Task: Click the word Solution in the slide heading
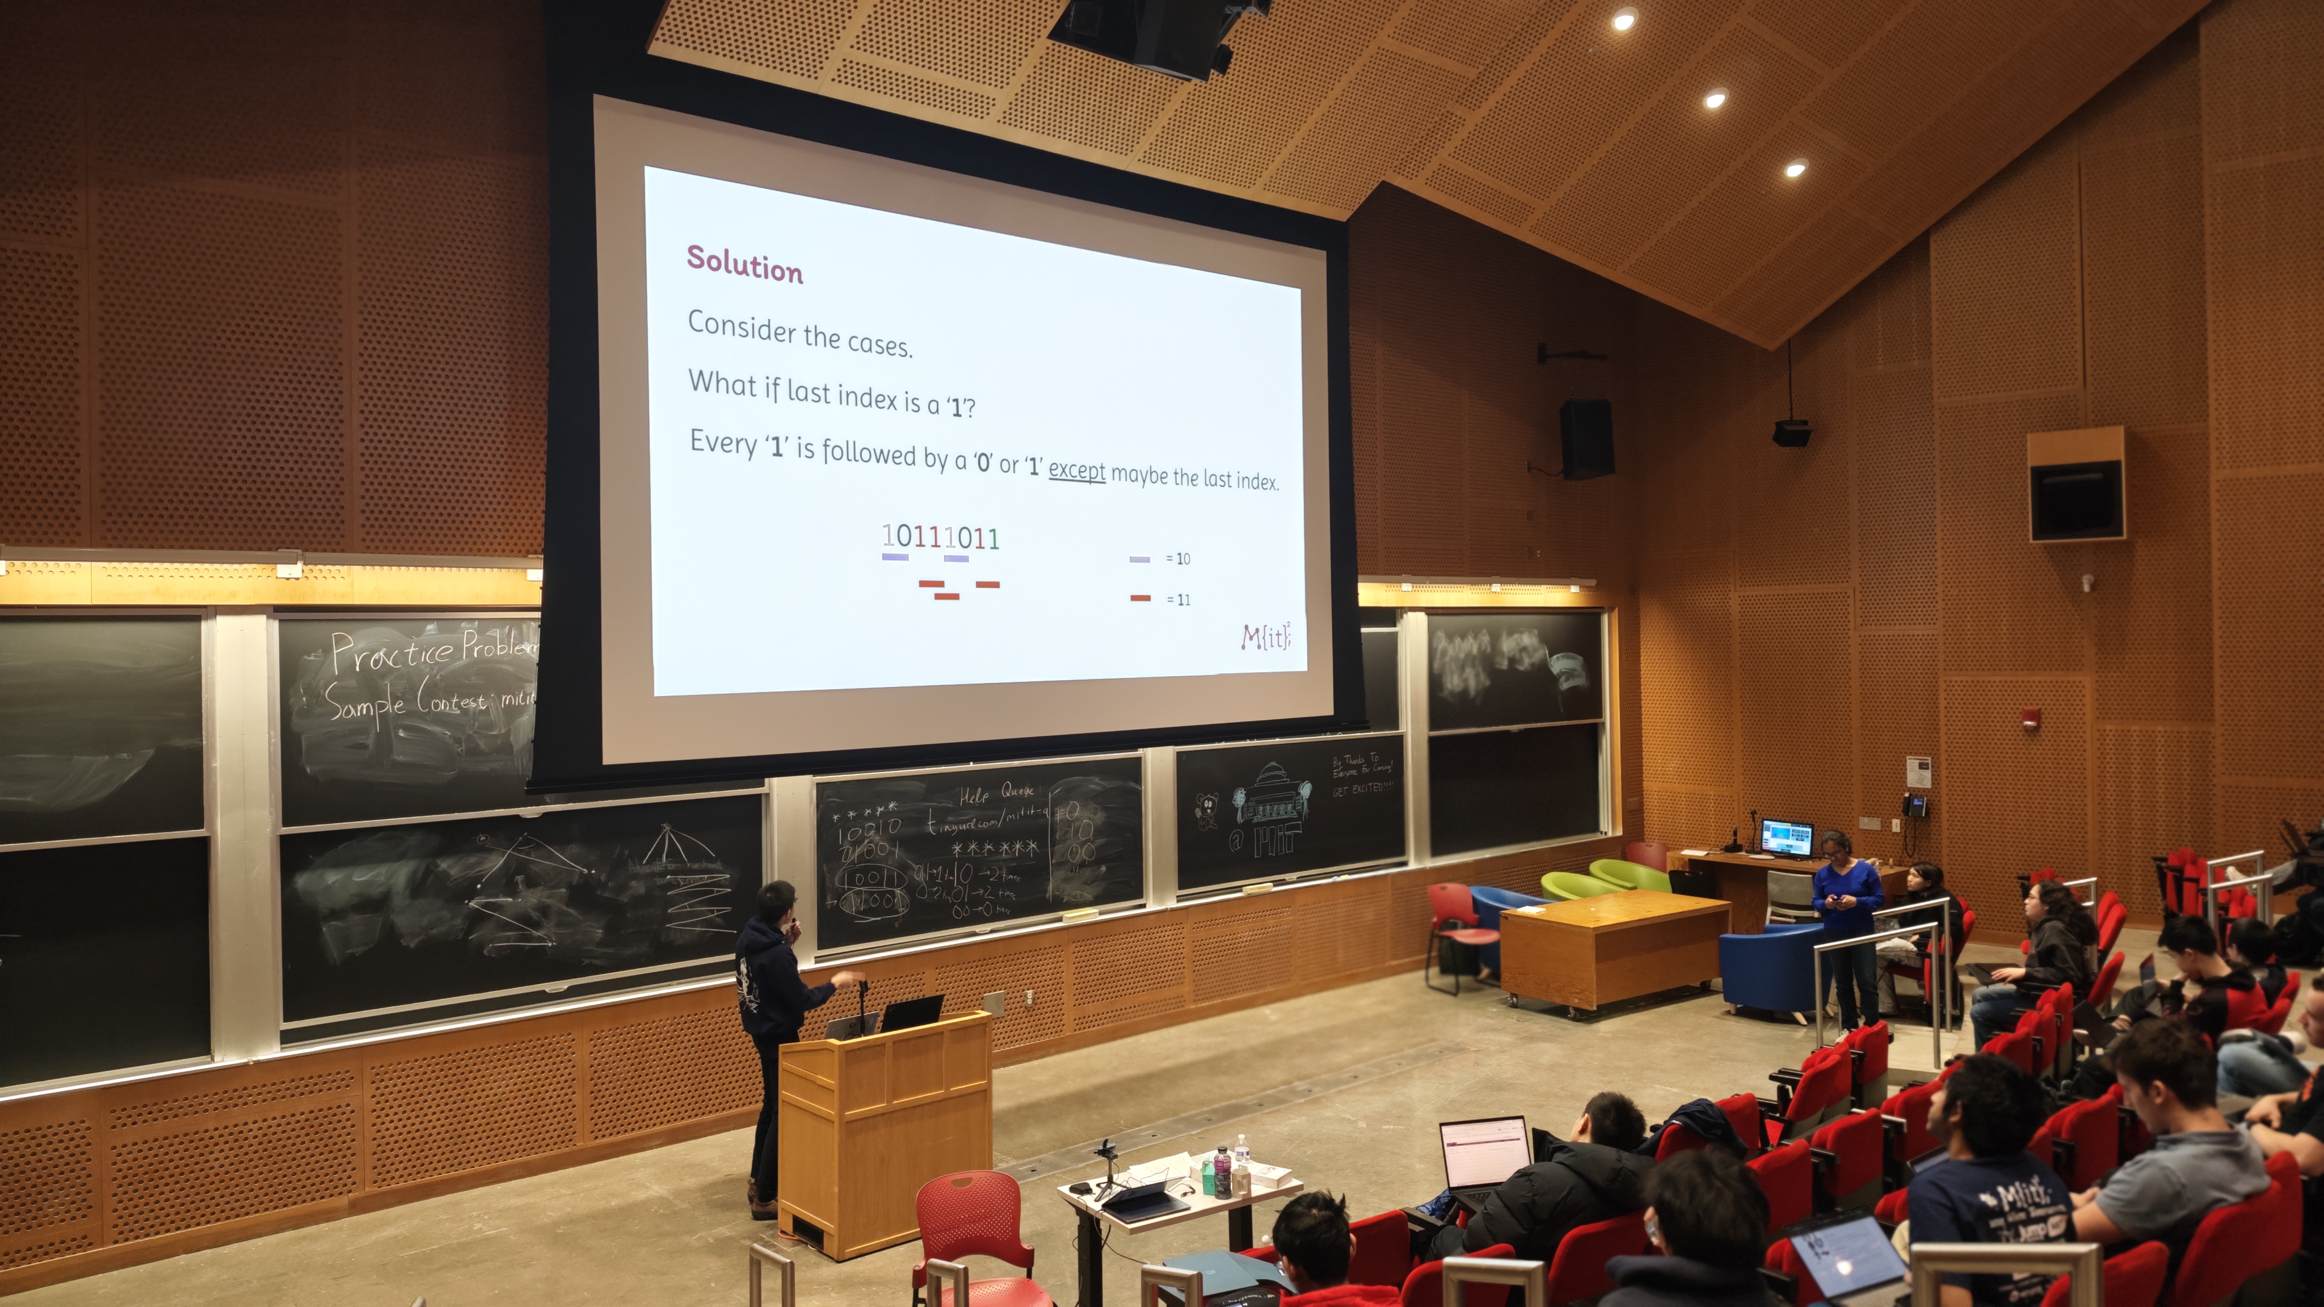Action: pos(744,265)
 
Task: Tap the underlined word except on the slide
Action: pos(1076,470)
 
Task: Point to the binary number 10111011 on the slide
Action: pos(941,538)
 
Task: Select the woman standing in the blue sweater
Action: pos(1847,929)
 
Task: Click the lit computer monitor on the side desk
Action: pos(1786,838)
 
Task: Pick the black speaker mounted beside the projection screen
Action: pos(1587,439)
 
